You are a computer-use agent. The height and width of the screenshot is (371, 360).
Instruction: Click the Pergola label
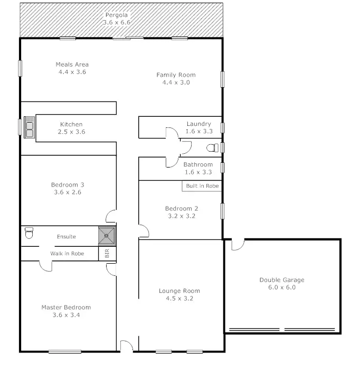click(x=117, y=15)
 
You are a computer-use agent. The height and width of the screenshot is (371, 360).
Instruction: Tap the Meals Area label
click(x=72, y=64)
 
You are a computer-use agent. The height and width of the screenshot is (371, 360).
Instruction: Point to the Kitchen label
click(x=71, y=124)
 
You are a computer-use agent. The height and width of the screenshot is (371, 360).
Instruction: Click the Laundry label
click(x=198, y=124)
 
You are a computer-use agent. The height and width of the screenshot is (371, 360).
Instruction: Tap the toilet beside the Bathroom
click(x=212, y=147)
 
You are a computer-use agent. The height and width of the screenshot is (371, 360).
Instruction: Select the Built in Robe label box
click(x=202, y=186)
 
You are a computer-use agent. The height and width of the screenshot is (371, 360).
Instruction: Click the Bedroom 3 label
click(x=68, y=184)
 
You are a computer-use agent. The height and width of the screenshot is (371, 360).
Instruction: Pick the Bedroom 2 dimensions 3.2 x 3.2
click(x=182, y=216)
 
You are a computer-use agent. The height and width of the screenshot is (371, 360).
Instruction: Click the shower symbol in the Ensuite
click(x=107, y=236)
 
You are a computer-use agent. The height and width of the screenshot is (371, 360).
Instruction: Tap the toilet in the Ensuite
click(x=30, y=233)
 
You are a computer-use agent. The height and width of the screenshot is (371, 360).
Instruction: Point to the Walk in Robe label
click(x=67, y=253)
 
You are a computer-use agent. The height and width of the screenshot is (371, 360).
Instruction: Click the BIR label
click(x=107, y=254)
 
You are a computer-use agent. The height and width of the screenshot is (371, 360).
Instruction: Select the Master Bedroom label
click(x=66, y=307)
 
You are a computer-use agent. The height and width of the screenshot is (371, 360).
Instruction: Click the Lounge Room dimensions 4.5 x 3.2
click(x=180, y=298)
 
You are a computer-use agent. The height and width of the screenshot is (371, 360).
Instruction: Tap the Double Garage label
click(x=281, y=280)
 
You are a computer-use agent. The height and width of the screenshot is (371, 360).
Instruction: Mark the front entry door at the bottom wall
click(x=126, y=347)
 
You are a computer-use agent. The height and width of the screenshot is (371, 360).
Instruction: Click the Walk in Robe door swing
click(x=46, y=265)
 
